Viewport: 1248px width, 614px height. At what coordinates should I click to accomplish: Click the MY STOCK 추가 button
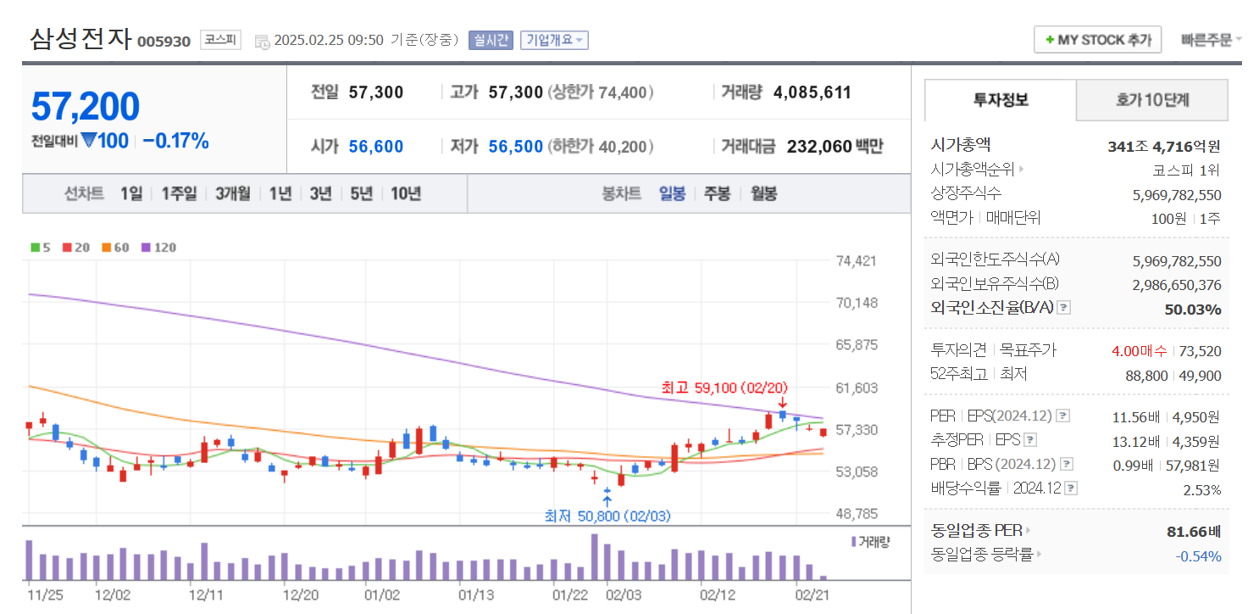point(1097,40)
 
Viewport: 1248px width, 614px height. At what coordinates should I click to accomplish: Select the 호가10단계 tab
point(1151,100)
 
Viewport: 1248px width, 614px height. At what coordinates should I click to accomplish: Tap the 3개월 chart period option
point(233,193)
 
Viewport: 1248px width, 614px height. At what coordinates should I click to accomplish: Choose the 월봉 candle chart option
point(763,193)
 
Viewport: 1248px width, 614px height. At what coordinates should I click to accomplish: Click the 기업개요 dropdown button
point(554,40)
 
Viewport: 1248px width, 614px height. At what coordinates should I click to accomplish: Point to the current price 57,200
point(86,107)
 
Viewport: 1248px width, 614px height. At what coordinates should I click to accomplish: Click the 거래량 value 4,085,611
point(812,92)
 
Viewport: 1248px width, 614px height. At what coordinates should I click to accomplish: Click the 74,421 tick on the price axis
point(856,261)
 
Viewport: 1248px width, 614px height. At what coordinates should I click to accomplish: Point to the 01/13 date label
point(475,595)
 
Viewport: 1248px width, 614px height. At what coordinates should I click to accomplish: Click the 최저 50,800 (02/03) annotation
point(607,516)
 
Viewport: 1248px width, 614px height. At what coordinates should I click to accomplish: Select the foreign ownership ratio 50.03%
point(1193,310)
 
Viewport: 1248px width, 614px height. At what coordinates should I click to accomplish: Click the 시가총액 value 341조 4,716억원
point(1164,147)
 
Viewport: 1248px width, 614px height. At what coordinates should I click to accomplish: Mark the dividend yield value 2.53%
point(1202,490)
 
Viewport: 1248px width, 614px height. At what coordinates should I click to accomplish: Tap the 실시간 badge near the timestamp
point(491,40)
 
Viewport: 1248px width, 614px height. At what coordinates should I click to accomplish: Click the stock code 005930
point(164,42)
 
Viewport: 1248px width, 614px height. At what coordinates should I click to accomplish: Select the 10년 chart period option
point(406,193)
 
